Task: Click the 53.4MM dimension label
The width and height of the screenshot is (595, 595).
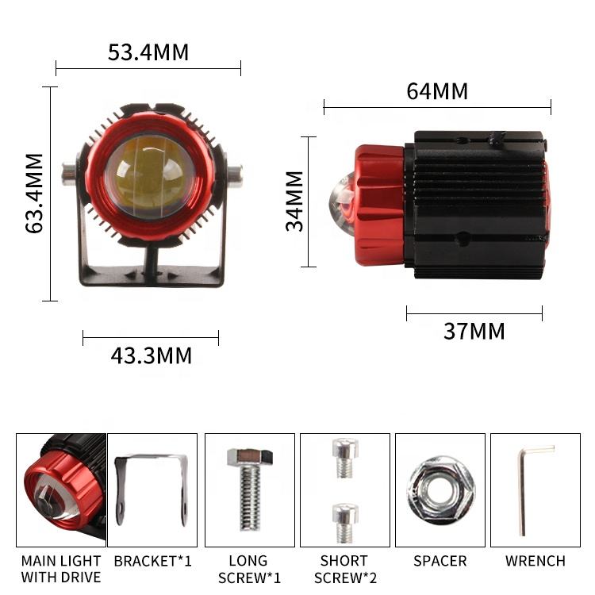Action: [148, 52]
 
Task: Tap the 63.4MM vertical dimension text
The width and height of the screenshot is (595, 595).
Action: [34, 193]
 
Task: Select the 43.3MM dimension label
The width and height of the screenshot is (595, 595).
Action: [151, 356]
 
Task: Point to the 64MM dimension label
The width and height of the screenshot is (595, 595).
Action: [437, 91]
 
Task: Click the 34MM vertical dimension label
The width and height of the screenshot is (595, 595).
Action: [294, 202]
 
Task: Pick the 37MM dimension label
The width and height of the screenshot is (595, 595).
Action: [474, 331]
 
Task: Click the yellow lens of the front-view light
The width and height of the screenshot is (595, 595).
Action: [151, 177]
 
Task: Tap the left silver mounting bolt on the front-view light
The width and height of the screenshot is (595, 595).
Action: [70, 175]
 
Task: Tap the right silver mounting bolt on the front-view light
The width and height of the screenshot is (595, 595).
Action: [235, 176]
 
